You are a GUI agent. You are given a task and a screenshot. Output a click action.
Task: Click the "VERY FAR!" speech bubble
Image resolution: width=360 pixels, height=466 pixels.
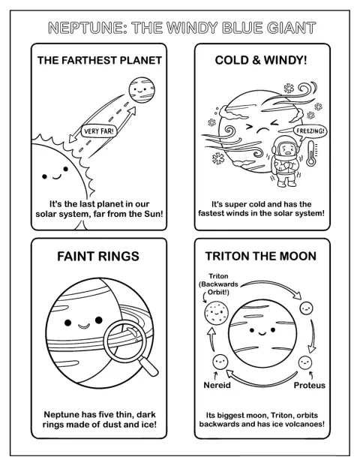(x=99, y=131)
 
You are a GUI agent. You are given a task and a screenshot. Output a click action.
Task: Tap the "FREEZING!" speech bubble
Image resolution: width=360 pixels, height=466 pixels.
(x=310, y=131)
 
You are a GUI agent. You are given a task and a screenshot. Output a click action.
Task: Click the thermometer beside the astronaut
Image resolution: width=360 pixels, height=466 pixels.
(x=311, y=153)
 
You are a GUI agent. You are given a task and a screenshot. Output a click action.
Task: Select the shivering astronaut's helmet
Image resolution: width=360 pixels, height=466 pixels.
(x=286, y=147)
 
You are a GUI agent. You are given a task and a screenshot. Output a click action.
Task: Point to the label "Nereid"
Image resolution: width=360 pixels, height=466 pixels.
(x=217, y=385)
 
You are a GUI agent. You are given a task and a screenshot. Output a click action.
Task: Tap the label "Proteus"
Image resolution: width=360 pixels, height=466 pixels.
(x=310, y=385)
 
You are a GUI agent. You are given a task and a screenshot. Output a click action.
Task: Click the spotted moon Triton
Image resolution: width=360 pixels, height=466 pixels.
(x=217, y=313)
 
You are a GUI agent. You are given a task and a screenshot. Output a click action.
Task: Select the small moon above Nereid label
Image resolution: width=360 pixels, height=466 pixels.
(x=220, y=362)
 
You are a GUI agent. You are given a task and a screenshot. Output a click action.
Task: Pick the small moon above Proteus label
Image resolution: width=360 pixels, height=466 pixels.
(x=305, y=362)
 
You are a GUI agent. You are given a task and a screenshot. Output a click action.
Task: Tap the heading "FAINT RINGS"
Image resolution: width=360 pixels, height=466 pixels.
(x=98, y=256)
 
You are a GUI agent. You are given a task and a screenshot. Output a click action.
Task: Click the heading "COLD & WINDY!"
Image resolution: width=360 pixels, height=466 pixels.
(x=261, y=60)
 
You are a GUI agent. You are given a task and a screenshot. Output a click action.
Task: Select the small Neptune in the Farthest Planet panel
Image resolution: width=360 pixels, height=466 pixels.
(x=142, y=90)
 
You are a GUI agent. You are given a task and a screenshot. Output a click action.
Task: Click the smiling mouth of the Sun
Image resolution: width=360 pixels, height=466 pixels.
(x=57, y=177)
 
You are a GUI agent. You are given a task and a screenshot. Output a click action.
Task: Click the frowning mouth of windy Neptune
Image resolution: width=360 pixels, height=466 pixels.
(x=263, y=131)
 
